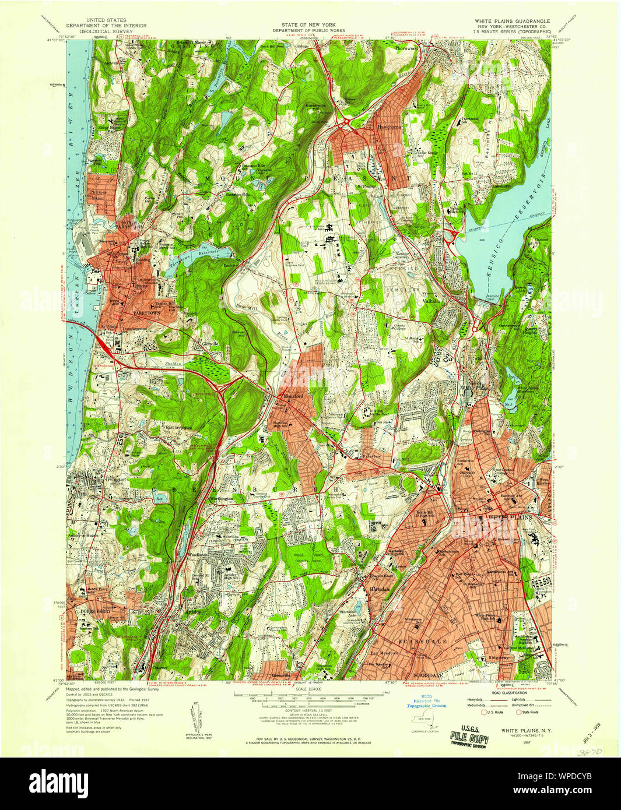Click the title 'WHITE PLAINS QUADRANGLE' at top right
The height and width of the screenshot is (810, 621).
click(x=512, y=21)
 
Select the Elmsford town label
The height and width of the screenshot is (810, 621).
click(x=293, y=396)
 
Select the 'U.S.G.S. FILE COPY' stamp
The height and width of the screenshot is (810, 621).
click(x=469, y=735)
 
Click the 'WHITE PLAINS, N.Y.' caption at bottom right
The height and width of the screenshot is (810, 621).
click(x=527, y=730)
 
